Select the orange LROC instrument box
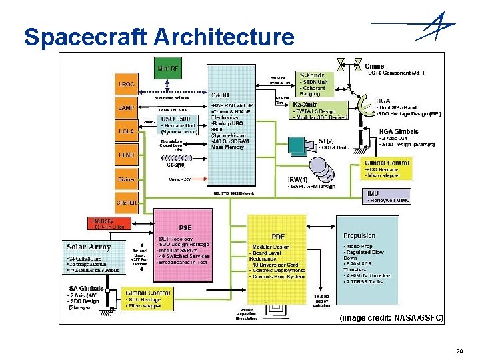[x=127, y=84]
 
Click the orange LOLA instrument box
[x=127, y=131]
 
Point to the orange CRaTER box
[x=127, y=202]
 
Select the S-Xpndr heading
[x=312, y=75]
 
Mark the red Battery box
[x=103, y=221]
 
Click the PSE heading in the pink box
[x=185, y=227]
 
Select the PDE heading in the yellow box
[x=277, y=236]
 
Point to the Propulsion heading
[x=360, y=236]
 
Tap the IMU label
[x=373, y=193]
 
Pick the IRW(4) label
[x=297, y=179]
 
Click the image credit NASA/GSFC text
[x=391, y=318]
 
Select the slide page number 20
[x=459, y=350]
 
